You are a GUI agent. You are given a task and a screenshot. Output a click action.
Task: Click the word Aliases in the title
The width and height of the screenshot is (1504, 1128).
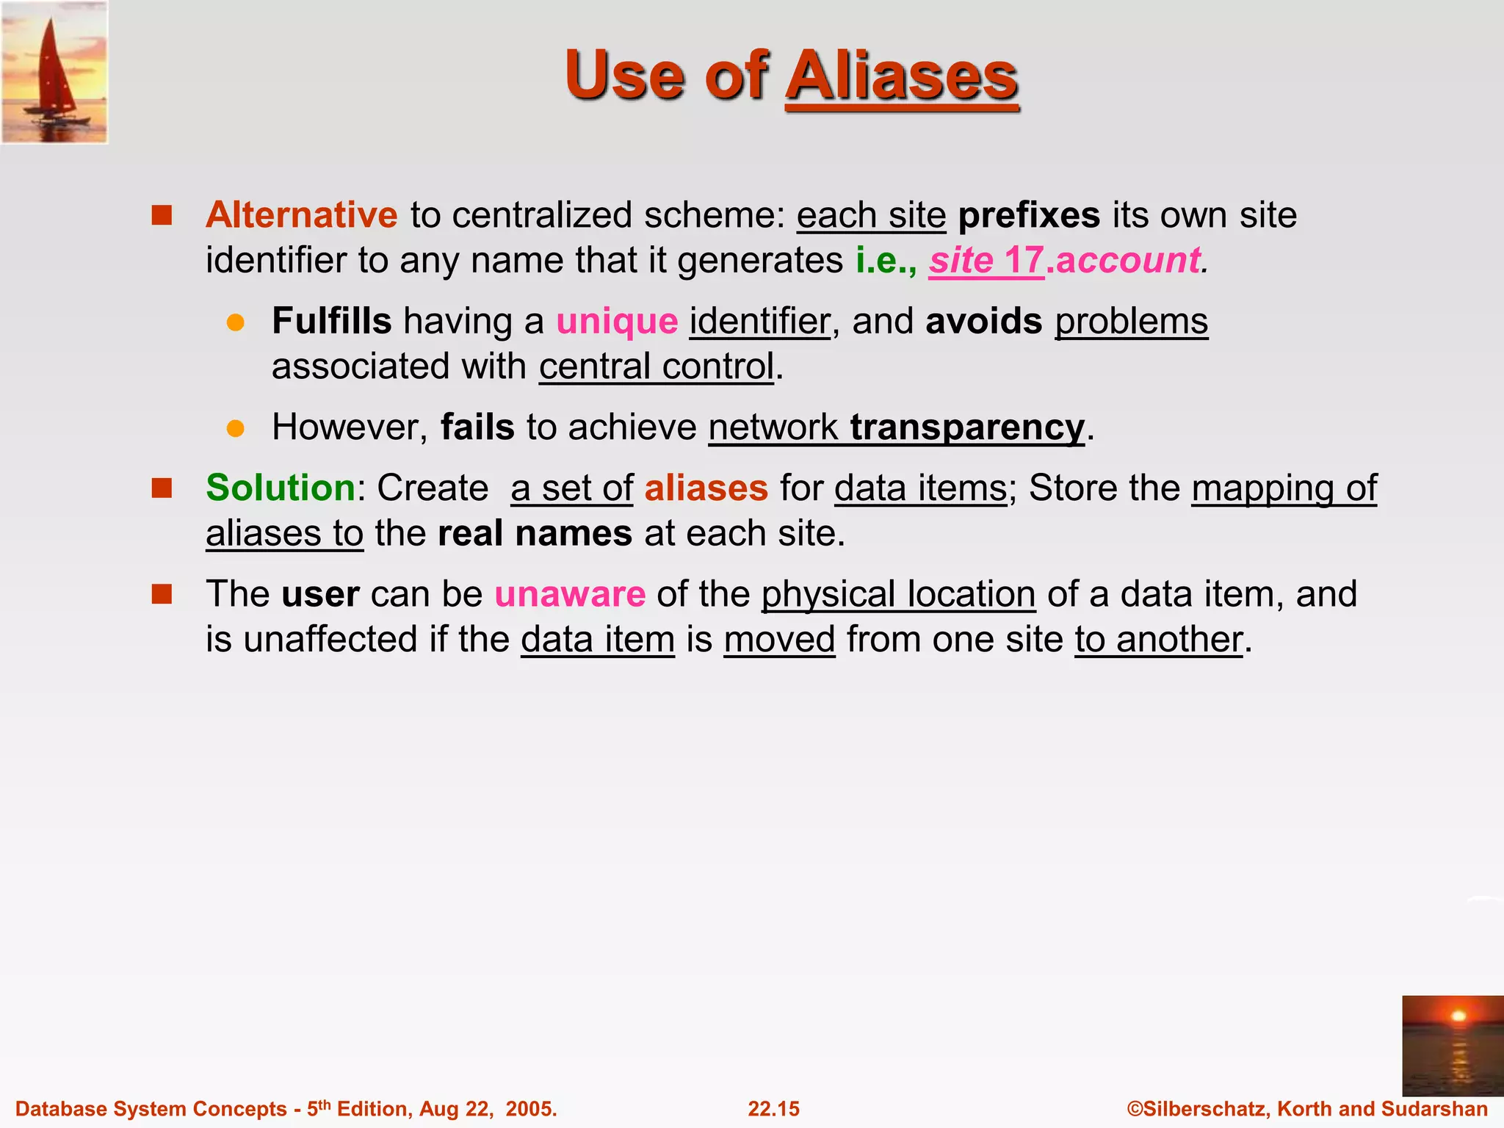(x=902, y=76)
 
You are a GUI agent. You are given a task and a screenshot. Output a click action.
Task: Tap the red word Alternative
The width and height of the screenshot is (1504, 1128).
(x=301, y=215)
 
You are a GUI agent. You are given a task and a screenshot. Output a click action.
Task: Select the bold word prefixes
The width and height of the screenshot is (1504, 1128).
(x=1029, y=215)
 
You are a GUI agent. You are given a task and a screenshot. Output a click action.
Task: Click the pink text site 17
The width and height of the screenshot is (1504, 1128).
(x=986, y=261)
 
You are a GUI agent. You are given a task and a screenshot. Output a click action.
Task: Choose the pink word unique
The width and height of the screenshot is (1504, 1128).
(x=617, y=322)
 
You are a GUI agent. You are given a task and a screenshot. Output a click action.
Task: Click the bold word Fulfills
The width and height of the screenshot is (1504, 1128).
(x=332, y=321)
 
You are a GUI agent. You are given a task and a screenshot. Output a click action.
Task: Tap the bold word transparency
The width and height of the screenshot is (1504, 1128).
(x=967, y=427)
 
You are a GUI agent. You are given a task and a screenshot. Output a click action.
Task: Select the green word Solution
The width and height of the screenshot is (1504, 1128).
(x=281, y=488)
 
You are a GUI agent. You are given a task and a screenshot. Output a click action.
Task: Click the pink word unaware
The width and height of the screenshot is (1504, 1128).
(x=570, y=594)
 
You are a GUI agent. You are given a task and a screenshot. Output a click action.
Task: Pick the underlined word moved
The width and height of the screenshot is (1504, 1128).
(x=779, y=640)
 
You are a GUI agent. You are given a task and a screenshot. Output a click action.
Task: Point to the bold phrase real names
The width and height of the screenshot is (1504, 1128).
(x=535, y=534)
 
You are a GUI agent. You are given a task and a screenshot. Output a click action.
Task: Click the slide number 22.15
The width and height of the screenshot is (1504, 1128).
(x=773, y=1109)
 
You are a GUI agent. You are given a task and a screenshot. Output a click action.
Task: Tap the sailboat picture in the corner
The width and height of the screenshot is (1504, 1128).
(x=54, y=72)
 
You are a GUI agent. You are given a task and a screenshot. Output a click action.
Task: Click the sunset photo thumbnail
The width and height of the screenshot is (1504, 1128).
(x=1453, y=1046)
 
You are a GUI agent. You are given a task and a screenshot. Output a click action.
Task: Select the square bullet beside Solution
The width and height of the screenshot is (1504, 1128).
(x=162, y=488)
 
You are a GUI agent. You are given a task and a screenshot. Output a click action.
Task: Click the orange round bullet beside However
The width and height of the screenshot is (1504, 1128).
(x=236, y=429)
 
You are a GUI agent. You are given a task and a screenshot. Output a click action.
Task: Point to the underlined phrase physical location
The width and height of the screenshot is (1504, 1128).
(x=898, y=594)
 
